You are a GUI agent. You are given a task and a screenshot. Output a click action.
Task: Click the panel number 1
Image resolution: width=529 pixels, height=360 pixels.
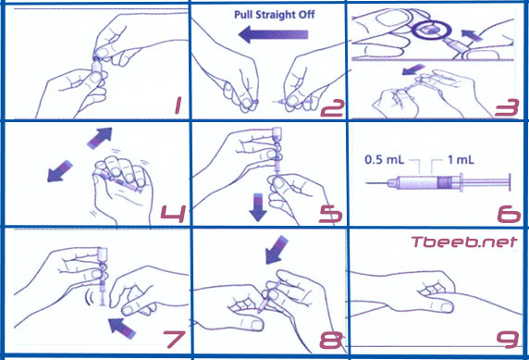coord(178,105)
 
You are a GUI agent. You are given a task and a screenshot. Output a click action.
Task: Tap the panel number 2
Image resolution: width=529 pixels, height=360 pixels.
coord(332,108)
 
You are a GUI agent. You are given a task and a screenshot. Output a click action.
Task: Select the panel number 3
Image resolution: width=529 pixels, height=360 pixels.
coord(507,107)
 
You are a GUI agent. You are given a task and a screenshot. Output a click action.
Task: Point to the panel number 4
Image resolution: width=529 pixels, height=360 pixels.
coord(173,214)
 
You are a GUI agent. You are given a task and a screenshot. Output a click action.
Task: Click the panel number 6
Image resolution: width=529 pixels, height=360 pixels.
coord(509,214)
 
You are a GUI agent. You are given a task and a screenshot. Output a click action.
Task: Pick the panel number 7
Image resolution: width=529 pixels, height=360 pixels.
coord(175,339)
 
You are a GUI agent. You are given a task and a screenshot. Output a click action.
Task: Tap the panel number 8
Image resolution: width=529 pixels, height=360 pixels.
coord(331,340)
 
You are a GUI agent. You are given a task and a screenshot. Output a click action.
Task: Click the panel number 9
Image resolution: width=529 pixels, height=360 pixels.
coord(508,340)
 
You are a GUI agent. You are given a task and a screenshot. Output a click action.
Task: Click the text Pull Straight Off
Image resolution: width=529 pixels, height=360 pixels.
coord(275,15)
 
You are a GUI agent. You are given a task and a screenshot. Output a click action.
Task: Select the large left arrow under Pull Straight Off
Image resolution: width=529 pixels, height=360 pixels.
coord(273,35)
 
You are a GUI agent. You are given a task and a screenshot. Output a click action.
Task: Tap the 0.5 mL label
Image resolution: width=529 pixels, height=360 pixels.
coord(385,159)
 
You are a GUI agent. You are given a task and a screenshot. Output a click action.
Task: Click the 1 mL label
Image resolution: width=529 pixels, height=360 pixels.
coord(461,159)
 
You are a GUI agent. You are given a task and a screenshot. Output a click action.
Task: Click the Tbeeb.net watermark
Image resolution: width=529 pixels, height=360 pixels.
coord(464,242)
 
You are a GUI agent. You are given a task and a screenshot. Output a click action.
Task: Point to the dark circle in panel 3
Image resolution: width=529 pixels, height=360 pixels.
coord(432,30)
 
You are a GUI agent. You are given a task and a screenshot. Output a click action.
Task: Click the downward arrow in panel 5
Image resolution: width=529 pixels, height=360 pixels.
coord(258,207)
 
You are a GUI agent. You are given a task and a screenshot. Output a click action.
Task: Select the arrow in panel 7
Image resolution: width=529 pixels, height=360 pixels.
coord(122,328)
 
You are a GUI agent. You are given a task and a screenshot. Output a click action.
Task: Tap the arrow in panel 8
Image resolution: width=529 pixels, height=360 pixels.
coord(277,250)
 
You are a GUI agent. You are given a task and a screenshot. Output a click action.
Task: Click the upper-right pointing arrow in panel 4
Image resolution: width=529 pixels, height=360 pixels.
coord(100,138)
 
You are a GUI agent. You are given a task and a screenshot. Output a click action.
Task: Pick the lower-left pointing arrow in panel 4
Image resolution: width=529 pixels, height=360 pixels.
coord(60,171)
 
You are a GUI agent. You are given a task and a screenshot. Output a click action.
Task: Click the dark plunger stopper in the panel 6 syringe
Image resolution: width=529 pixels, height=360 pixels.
coord(444,182)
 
